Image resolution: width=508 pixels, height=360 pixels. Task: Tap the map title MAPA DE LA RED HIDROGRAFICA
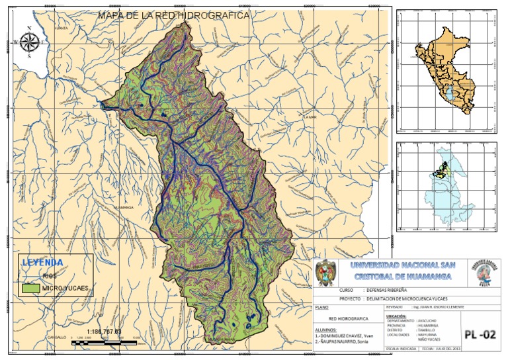pyautogui.click(x=173, y=15)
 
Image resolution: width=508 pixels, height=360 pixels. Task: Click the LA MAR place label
pyautogui.click(x=310, y=118)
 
